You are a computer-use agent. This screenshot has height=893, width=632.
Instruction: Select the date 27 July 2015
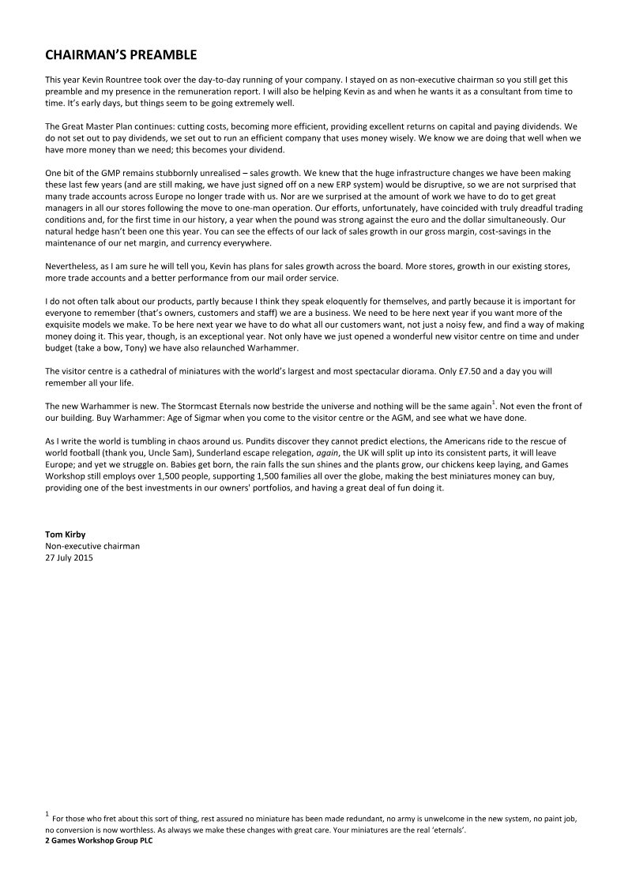(x=69, y=557)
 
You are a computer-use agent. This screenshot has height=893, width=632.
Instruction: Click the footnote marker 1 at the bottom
(x=47, y=812)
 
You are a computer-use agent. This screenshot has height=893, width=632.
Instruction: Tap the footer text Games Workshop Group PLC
(x=100, y=842)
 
